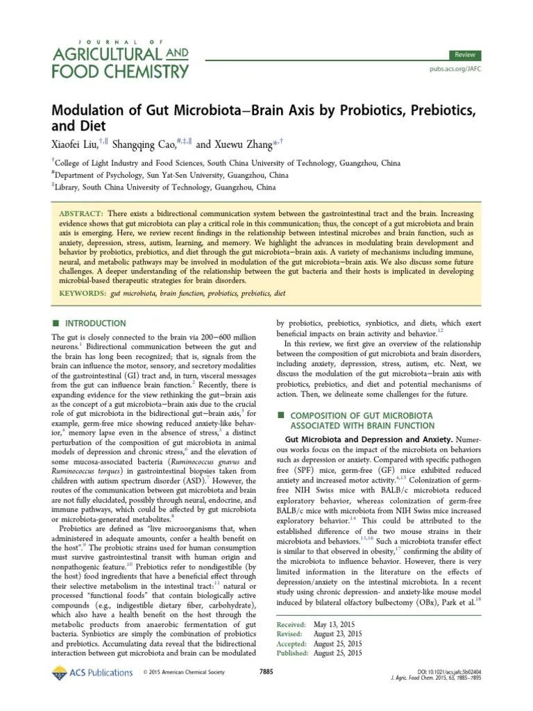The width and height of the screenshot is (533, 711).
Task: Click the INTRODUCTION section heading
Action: [96, 324]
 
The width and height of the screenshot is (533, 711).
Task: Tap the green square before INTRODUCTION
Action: [57, 324]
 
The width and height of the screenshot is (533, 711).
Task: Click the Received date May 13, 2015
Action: [330, 624]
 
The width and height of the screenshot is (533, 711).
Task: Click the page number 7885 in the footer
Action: [266, 672]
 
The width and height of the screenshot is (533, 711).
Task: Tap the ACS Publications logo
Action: [92, 672]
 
